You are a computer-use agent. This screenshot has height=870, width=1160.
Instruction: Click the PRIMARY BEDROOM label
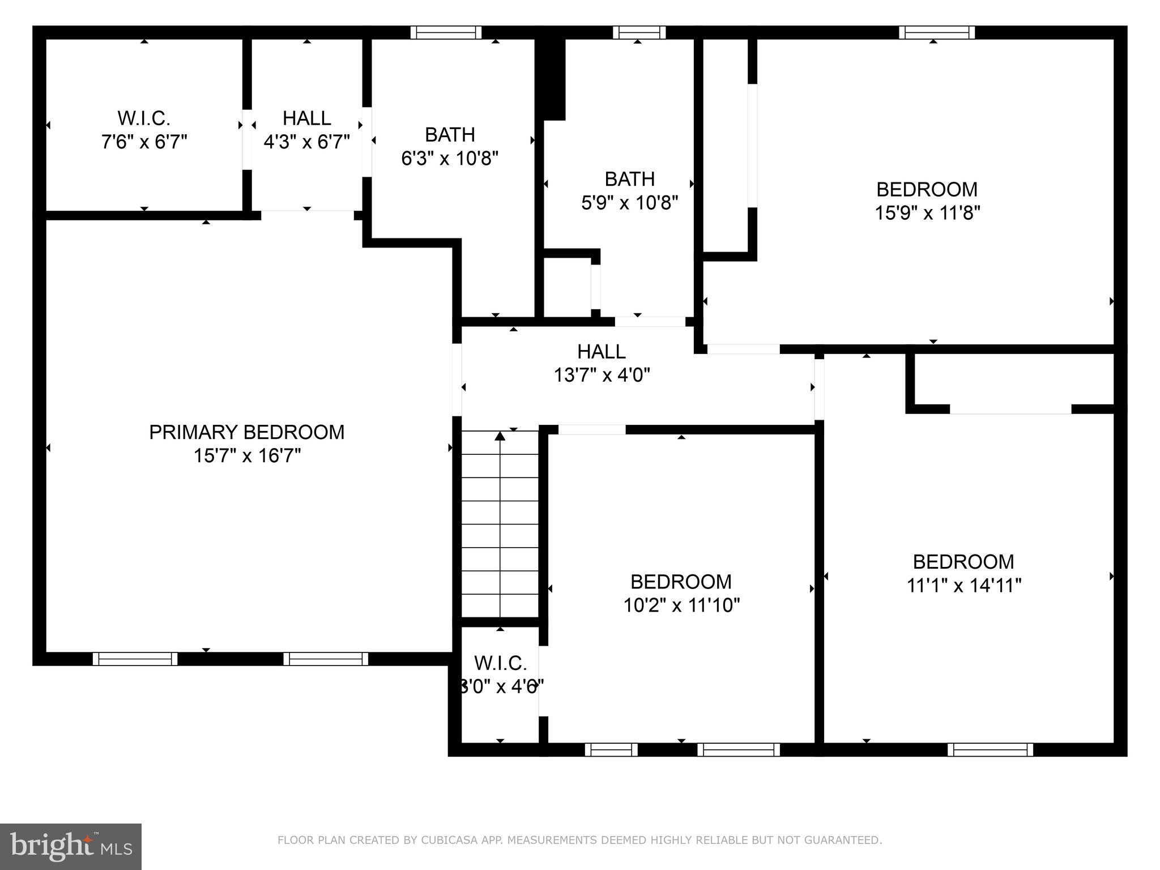pyautogui.click(x=246, y=432)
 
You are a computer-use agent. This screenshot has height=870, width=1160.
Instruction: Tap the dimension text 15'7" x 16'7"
pyautogui.click(x=247, y=456)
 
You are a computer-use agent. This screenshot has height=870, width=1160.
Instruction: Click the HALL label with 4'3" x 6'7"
pyautogui.click(x=306, y=118)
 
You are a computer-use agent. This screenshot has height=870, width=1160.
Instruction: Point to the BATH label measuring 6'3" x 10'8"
pyautogui.click(x=450, y=135)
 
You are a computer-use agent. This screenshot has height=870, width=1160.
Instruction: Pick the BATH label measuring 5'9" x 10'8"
pyautogui.click(x=629, y=179)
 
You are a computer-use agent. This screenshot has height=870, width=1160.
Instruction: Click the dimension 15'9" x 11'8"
pyautogui.click(x=927, y=213)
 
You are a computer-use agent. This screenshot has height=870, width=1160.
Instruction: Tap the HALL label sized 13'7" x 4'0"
pyautogui.click(x=602, y=352)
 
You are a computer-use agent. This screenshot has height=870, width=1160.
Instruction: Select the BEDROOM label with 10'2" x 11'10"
pyautogui.click(x=681, y=582)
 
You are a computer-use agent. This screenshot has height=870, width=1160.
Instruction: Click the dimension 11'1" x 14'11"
pyautogui.click(x=963, y=585)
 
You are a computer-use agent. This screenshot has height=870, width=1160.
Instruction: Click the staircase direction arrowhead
pyautogui.click(x=500, y=436)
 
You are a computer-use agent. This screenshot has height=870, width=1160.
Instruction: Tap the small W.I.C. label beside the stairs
pyautogui.click(x=500, y=663)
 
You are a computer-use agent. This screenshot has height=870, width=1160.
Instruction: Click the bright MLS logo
pyautogui.click(x=70, y=847)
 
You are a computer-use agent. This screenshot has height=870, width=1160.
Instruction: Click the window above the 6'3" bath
pyautogui.click(x=446, y=32)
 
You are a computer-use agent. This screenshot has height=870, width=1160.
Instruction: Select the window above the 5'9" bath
pyautogui.click(x=639, y=32)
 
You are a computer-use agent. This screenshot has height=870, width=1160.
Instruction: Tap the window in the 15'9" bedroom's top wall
pyautogui.click(x=937, y=32)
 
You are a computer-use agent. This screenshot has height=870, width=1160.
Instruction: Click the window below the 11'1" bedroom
pyautogui.click(x=990, y=750)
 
